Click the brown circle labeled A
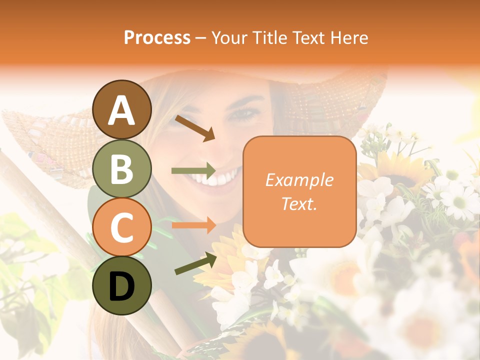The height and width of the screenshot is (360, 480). [121, 110]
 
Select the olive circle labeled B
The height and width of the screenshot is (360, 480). [121, 168]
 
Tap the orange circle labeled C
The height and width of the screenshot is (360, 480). [121, 227]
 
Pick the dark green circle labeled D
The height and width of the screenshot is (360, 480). [121, 285]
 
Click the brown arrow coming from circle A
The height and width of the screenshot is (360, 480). [195, 128]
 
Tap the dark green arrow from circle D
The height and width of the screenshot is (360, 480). [195, 263]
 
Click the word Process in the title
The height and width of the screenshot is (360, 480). [157, 37]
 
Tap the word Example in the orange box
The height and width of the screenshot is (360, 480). [299, 180]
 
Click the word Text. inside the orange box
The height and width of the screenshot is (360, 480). [299, 203]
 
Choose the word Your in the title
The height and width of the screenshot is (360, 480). [228, 37]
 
